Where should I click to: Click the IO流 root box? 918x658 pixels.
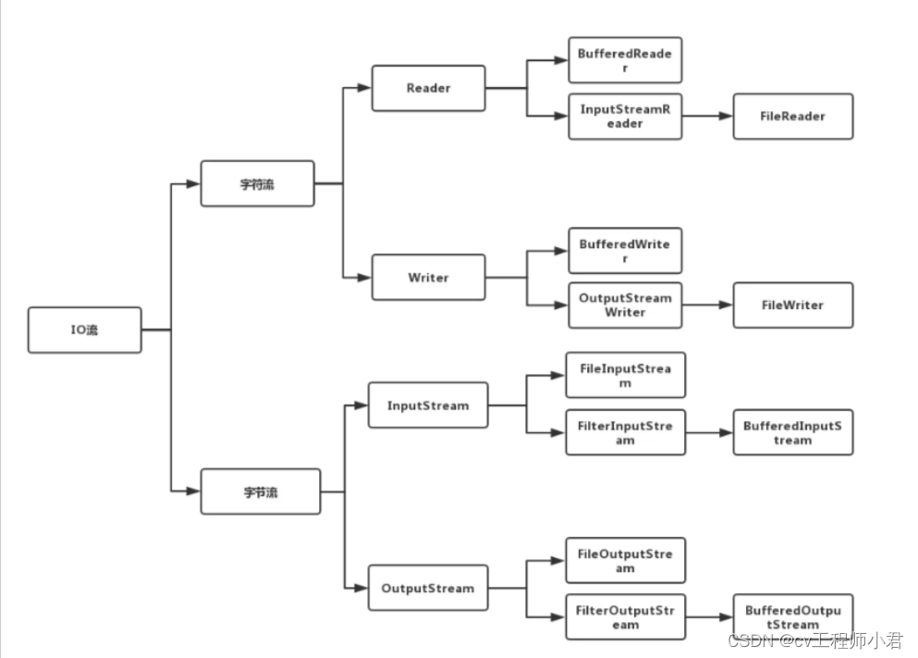pos(84,330)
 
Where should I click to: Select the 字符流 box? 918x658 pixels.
pos(257,184)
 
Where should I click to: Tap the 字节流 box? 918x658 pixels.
pos(261,492)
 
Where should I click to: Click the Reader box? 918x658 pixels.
pos(428,88)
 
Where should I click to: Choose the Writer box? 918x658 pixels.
pos(428,278)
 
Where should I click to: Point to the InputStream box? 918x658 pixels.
pos(428,405)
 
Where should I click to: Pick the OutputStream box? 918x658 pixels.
pos(428,588)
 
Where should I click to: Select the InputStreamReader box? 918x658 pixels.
pos(625,117)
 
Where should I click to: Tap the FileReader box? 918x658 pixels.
pos(793,117)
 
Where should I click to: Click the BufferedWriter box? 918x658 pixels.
pos(625,251)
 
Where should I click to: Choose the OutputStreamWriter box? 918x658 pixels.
pos(625,305)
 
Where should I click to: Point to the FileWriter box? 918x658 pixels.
pos(793,305)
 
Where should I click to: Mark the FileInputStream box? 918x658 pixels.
pos(626,375)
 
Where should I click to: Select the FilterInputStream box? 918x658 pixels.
pos(626,432)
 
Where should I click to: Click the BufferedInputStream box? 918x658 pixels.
pos(793,432)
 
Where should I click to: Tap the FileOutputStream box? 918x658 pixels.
pos(626,561)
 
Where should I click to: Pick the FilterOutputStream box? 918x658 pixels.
pos(626,616)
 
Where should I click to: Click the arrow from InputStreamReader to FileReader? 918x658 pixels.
pos(708,117)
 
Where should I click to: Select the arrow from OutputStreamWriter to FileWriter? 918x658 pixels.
pos(708,305)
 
